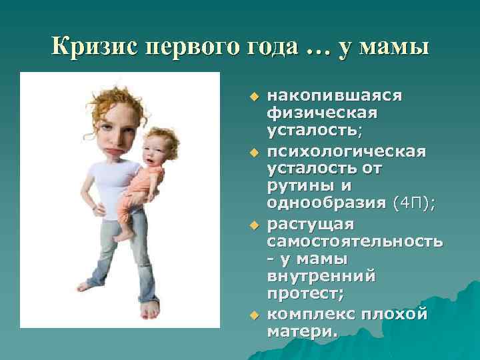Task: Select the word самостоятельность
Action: pyautogui.click(x=354, y=240)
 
